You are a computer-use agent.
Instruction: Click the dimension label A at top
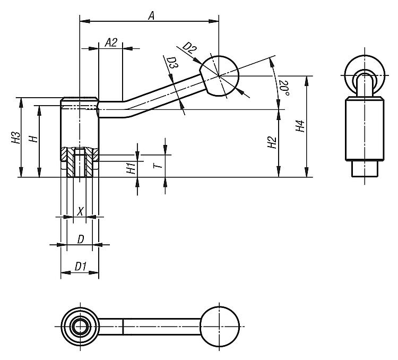point(151,16)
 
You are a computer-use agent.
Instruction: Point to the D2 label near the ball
point(189,50)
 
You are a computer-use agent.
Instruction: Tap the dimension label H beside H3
point(33,139)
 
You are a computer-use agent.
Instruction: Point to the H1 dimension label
point(129,169)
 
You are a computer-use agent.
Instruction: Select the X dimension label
point(80,211)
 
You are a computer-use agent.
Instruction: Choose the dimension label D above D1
point(80,239)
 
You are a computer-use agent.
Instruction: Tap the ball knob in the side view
point(220,76)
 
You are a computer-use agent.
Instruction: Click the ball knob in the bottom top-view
point(220,324)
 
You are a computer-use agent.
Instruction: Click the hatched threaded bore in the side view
point(79,159)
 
